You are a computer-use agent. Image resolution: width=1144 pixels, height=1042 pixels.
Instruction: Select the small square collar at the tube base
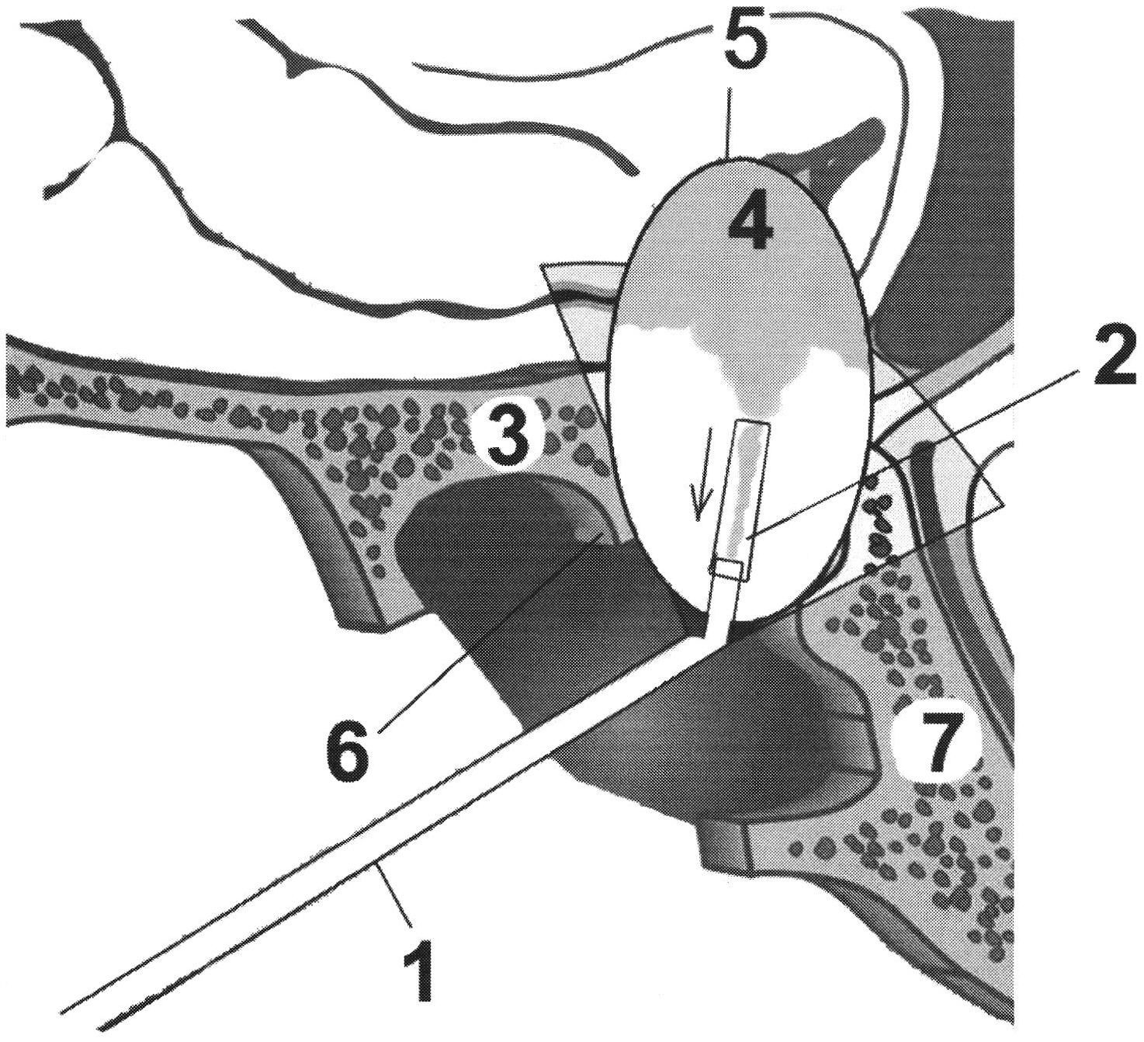[729, 569]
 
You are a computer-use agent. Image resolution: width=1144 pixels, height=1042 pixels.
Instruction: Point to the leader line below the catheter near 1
[394, 893]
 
